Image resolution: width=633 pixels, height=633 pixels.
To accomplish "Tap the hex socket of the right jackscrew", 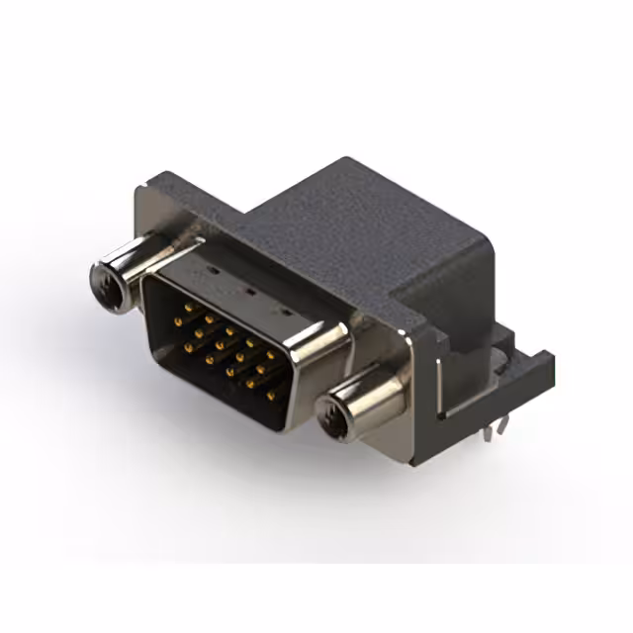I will pos(333,414).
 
